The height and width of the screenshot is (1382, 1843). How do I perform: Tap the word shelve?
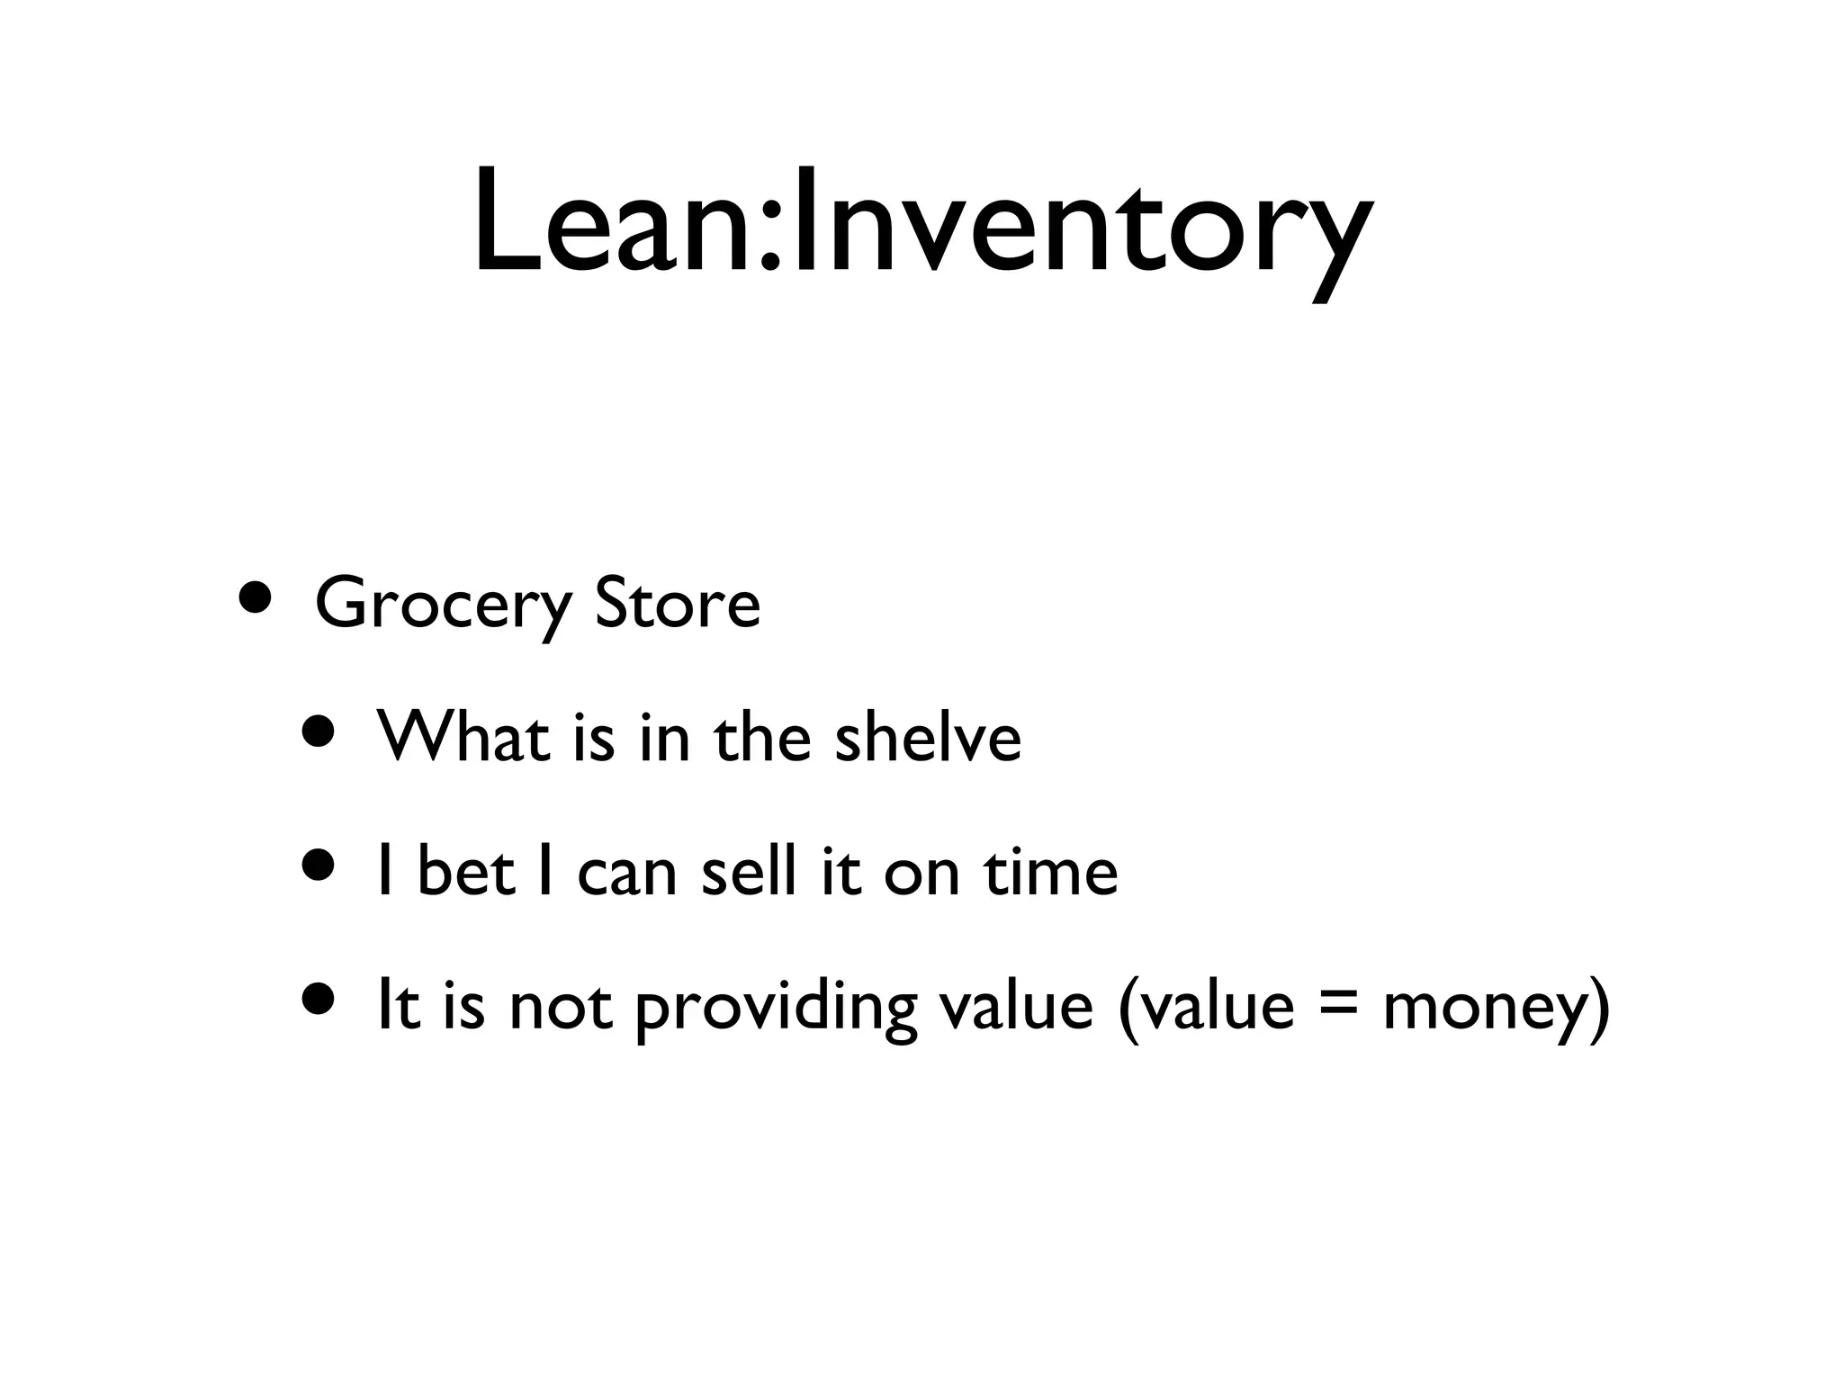click(x=928, y=737)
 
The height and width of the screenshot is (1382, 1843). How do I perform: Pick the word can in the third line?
click(x=626, y=873)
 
